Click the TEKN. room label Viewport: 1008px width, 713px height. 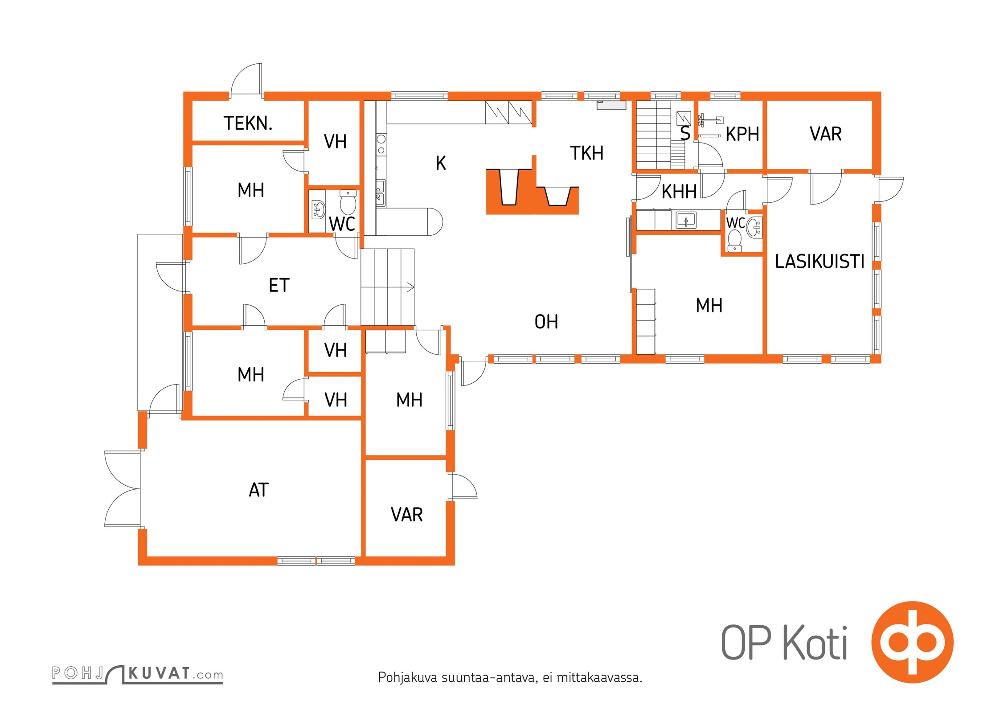coord(248,123)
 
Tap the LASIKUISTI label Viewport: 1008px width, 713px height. coord(819,262)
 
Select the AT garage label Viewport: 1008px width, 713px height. coord(258,490)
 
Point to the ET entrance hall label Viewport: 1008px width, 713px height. coord(279,285)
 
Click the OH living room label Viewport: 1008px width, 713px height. coord(546,322)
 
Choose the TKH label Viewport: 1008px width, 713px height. coord(586,153)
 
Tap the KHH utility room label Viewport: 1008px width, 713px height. coord(679,192)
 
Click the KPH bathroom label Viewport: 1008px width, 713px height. coord(742,134)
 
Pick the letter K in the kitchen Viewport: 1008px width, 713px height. coord(440,163)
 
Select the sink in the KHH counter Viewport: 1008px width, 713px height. coord(686,220)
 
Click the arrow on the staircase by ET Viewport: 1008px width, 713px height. coord(410,287)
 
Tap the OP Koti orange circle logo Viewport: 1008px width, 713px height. coord(912,642)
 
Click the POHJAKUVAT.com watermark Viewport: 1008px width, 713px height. coord(137,673)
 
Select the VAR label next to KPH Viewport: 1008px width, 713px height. coord(825,134)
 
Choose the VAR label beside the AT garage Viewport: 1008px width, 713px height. coord(406,515)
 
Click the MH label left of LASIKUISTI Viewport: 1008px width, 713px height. coord(709,306)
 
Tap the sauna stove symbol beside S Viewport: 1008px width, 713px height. coord(683,118)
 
